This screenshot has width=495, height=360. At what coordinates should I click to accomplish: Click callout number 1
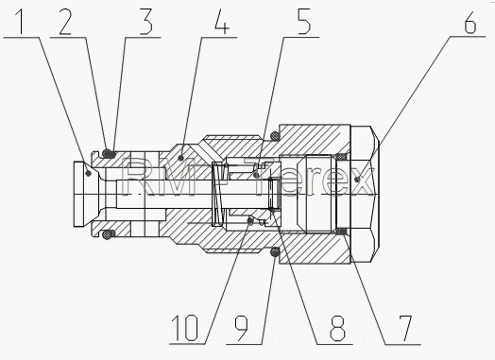pos(20,22)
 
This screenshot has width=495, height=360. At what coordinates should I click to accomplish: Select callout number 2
pos(65,22)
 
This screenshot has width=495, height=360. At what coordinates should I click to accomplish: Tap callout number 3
pos(146,22)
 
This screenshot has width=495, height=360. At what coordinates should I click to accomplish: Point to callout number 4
pos(222,22)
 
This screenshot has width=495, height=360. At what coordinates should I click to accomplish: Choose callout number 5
pos(304,22)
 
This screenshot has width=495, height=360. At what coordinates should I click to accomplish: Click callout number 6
pos(470,22)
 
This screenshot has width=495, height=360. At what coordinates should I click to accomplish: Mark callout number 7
pos(405,329)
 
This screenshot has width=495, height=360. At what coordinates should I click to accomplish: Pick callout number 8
pos(337,329)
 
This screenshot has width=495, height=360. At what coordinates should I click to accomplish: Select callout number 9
pos(242,329)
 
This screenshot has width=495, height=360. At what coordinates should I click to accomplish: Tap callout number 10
pos(184,329)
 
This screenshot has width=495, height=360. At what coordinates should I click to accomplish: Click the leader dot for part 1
pos(89,173)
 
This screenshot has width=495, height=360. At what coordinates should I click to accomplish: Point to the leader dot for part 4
pos(180,157)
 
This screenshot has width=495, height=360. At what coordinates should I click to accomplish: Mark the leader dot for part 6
pos(357,180)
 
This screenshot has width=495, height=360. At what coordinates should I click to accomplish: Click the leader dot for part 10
pos(250,222)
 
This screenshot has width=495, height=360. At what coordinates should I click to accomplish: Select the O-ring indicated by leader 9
pos(275,252)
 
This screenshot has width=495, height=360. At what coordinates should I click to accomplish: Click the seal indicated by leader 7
pos(341,232)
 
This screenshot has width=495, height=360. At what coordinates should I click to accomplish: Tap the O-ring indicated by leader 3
pos(109,153)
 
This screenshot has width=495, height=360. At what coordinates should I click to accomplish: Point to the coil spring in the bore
pos(219,194)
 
